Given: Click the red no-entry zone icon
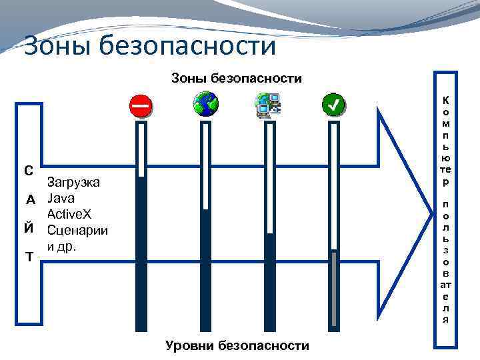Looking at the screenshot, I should (x=140, y=105).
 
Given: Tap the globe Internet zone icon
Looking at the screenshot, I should (x=205, y=104).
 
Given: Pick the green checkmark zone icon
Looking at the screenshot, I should (x=333, y=105).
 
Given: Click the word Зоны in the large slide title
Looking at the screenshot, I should (x=56, y=46).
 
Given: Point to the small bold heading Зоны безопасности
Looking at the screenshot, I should (x=236, y=79).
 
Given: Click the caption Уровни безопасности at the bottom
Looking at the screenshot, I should (x=237, y=345).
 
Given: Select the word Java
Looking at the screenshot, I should (x=61, y=199).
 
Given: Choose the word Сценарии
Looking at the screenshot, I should (x=77, y=231).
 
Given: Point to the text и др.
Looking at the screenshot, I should (x=62, y=246).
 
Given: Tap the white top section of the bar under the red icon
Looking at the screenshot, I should (x=141, y=150).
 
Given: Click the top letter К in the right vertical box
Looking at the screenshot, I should (x=445, y=101).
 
